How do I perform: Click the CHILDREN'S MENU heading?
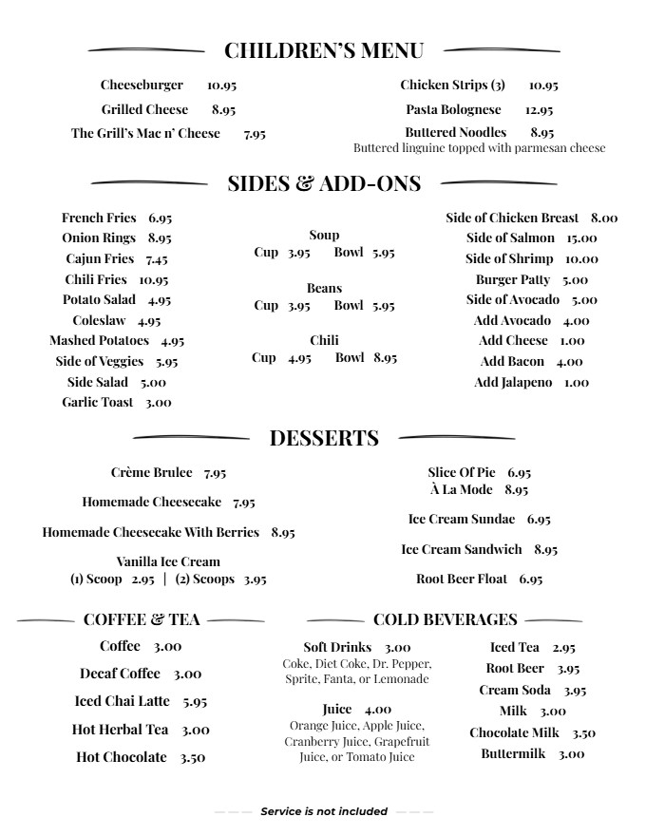click(323, 50)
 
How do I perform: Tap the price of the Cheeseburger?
click(221, 85)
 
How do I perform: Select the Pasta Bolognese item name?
click(453, 110)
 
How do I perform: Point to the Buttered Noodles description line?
click(479, 148)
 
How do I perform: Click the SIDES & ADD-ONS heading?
click(324, 183)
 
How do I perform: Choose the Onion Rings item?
click(99, 238)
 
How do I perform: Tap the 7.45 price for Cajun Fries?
click(157, 259)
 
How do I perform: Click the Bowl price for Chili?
click(385, 358)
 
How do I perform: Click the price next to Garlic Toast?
click(159, 403)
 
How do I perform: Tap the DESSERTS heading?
click(324, 438)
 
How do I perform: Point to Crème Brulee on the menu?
click(152, 472)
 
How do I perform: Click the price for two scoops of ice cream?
click(255, 579)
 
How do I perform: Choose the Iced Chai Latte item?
click(123, 701)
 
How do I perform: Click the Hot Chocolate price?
click(193, 758)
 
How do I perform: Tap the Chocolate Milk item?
click(519, 732)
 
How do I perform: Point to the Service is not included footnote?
click(324, 811)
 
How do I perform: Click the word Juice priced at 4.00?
click(336, 710)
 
